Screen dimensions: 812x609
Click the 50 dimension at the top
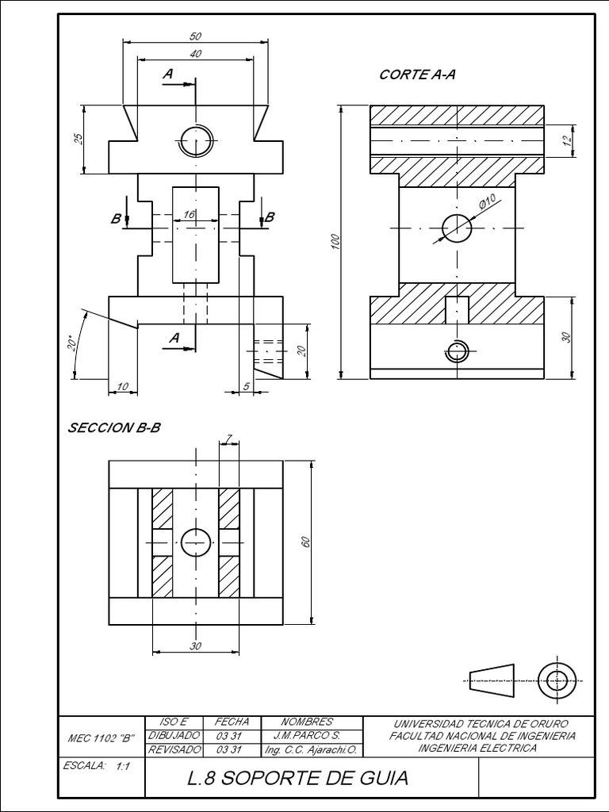coord(195,36)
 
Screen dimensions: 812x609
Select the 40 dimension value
coord(195,53)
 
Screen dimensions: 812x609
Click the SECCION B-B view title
coord(114,427)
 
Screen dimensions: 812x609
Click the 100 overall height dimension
coord(335,241)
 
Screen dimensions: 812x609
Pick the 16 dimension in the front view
coord(189,215)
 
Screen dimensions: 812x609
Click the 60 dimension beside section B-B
coord(305,542)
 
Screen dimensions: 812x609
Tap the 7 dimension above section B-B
coord(229,439)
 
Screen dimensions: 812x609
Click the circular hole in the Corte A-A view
coord(457,228)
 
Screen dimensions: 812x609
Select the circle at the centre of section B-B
coord(195,542)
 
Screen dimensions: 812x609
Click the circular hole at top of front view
coord(195,141)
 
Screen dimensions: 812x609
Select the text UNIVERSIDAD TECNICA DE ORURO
coord(481,724)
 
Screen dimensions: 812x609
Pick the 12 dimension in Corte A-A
coord(566,140)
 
